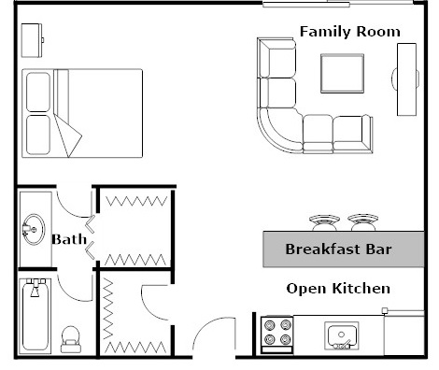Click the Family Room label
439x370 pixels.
pyautogui.click(x=349, y=32)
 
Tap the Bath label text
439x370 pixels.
pyautogui.click(x=69, y=240)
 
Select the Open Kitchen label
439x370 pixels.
pyautogui.click(x=337, y=288)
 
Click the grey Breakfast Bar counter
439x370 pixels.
pyautogui.click(x=337, y=249)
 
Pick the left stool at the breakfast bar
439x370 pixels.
pyautogui.click(x=324, y=222)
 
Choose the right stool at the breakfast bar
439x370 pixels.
pyautogui.click(x=362, y=222)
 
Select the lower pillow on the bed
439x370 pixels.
pyautogui.click(x=39, y=135)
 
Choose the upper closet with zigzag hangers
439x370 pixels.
pyautogui.click(x=135, y=229)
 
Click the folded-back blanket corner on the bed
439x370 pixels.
pyautogui.click(x=68, y=135)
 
